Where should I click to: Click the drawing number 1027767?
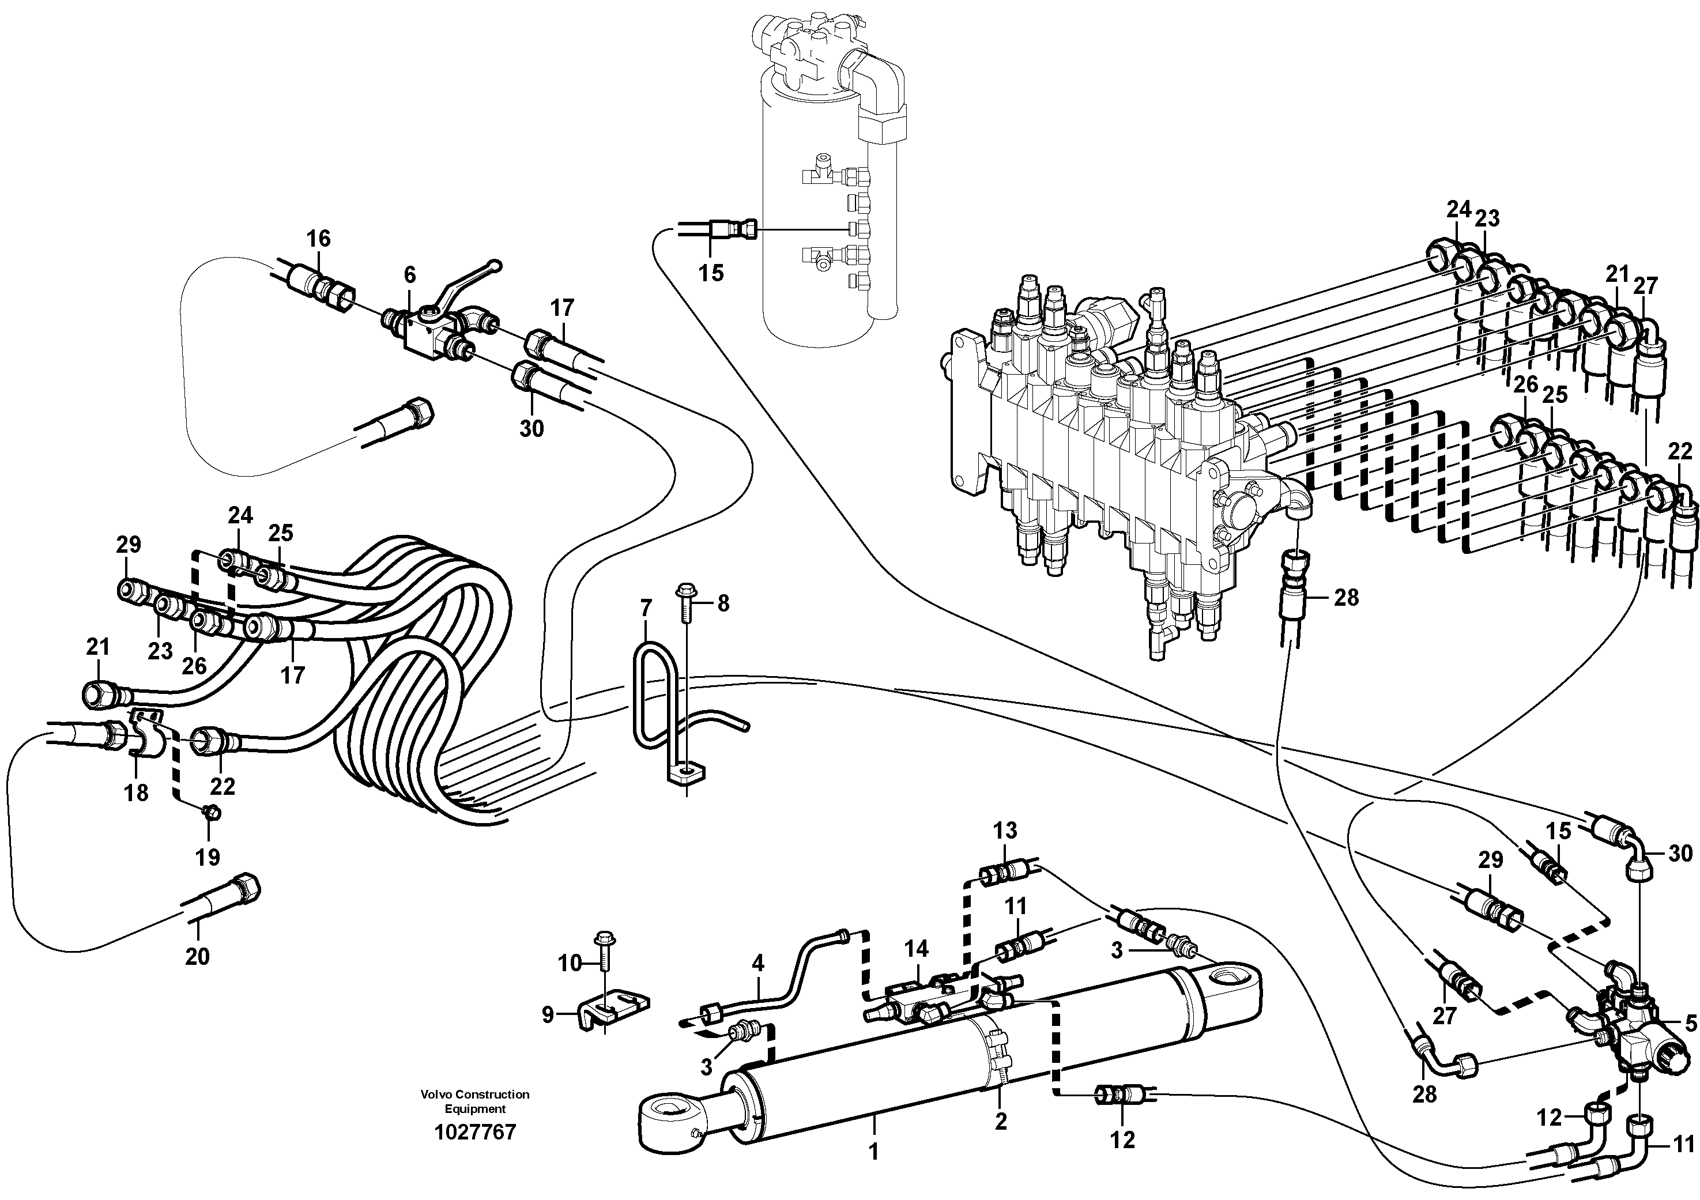click(x=474, y=1132)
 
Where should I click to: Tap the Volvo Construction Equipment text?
click(x=474, y=1101)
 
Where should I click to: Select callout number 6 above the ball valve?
click(x=409, y=275)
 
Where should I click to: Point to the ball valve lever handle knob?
click(x=495, y=265)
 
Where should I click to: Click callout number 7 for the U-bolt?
click(x=646, y=609)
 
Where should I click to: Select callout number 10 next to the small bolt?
click(x=570, y=963)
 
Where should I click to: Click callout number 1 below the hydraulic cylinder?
click(x=874, y=1153)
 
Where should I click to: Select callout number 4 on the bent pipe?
click(x=757, y=963)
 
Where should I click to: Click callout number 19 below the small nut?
click(x=208, y=856)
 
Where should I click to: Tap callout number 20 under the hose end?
click(x=197, y=956)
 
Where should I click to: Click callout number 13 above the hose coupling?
click(x=1005, y=830)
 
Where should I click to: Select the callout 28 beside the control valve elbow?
click(x=1346, y=598)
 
